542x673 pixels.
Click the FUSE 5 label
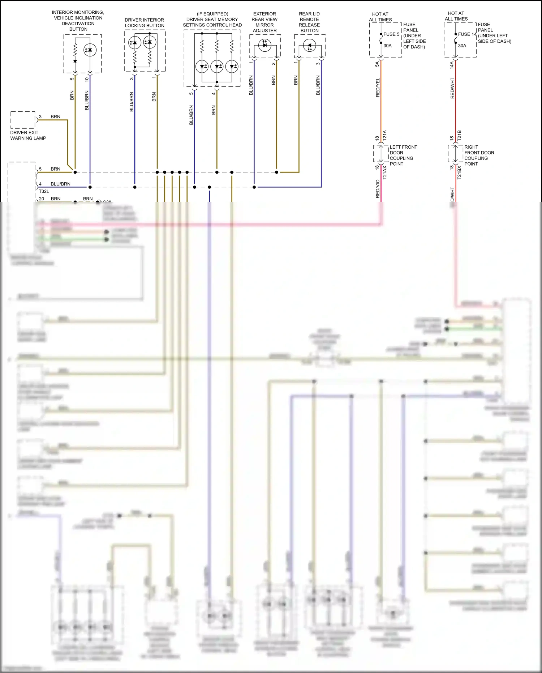391,34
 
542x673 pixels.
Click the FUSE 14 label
467,34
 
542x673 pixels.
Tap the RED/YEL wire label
378,88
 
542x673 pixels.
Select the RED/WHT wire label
452,88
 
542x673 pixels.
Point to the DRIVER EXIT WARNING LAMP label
28,135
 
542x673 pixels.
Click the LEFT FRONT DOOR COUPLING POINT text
403,156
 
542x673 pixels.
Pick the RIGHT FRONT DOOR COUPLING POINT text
479,156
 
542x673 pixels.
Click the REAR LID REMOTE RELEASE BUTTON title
309,22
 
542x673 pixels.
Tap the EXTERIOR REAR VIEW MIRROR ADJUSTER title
264,22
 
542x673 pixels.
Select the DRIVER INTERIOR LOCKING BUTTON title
145,23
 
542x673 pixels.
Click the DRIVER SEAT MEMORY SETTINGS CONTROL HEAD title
212,20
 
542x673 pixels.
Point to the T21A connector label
385,136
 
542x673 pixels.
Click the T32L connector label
44,191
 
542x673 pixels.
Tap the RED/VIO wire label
378,189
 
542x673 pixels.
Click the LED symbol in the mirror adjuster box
265,45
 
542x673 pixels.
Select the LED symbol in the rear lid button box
310,46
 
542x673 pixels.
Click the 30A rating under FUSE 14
462,46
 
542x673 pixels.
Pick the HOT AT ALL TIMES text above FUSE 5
380,17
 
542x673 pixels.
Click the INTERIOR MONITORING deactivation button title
78,21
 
